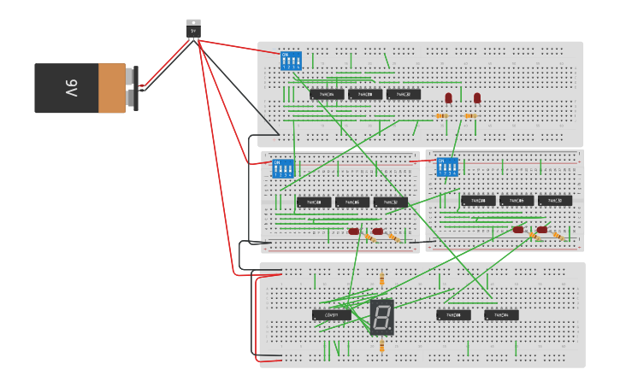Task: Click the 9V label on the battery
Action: [71, 88]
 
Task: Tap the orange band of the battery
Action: [112, 88]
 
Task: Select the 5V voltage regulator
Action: [194, 29]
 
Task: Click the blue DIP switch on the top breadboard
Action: [291, 61]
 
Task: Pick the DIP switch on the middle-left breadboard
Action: [283, 167]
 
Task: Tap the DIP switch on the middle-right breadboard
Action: [447, 167]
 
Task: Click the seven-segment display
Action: [381, 317]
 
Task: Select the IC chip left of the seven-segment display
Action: [331, 315]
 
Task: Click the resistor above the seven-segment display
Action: [381, 279]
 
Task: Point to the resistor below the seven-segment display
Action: [381, 346]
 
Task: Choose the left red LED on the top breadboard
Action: [448, 98]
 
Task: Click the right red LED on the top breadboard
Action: [477, 98]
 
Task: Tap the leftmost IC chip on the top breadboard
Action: [327, 94]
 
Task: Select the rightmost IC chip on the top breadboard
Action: [404, 94]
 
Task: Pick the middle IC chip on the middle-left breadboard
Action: [352, 202]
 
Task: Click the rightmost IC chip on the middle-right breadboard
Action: [555, 201]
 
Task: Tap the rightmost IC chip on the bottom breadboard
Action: [501, 315]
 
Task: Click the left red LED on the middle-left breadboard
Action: [354, 232]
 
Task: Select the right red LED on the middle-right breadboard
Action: [542, 229]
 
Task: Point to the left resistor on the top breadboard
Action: [441, 115]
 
